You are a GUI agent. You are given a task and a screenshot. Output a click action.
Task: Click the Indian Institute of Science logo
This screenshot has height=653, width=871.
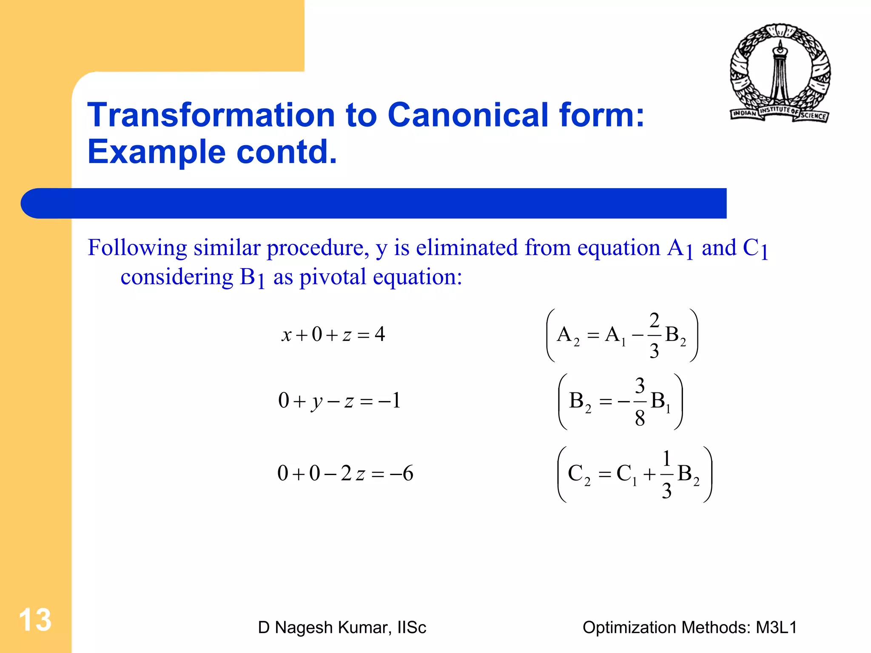pyautogui.click(x=780, y=73)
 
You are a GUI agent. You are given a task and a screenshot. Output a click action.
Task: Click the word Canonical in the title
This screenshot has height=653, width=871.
pyautogui.click(x=467, y=115)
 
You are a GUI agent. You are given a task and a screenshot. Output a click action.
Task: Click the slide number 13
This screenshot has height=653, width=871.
pyautogui.click(x=35, y=620)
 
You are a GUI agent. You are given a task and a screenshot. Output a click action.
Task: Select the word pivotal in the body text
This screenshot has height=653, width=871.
pyautogui.click(x=333, y=277)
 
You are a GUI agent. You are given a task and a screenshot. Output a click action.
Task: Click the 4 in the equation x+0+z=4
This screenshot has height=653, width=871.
pyautogui.click(x=380, y=334)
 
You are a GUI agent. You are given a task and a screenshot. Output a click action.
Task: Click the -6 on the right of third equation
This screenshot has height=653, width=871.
pyautogui.click(x=402, y=473)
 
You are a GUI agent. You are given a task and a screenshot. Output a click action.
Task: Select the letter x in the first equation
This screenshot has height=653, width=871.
pyautogui.click(x=286, y=335)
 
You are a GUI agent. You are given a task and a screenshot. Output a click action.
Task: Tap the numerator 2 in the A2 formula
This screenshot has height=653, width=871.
pyautogui.click(x=654, y=320)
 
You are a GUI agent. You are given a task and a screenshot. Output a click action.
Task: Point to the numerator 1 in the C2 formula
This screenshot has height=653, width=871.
pyautogui.click(x=666, y=459)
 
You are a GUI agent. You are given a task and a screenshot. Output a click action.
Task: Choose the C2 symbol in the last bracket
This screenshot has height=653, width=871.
pyautogui.click(x=579, y=474)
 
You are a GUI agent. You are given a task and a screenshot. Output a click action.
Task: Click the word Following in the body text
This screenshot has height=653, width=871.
pyautogui.click(x=137, y=248)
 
